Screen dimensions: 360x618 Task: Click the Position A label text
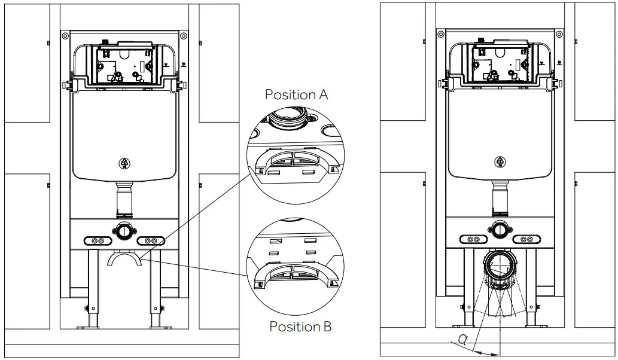click(296, 94)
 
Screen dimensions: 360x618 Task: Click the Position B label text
click(300, 327)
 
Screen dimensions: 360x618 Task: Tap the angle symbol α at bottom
click(462, 340)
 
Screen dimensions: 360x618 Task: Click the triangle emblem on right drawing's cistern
click(500, 161)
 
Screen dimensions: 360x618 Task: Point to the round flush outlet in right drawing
click(500, 228)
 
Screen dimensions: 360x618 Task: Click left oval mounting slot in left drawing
click(97, 240)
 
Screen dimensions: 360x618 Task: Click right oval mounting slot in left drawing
click(151, 240)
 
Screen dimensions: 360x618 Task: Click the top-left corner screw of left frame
click(65, 36)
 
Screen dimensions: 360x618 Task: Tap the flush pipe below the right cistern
click(500, 199)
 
